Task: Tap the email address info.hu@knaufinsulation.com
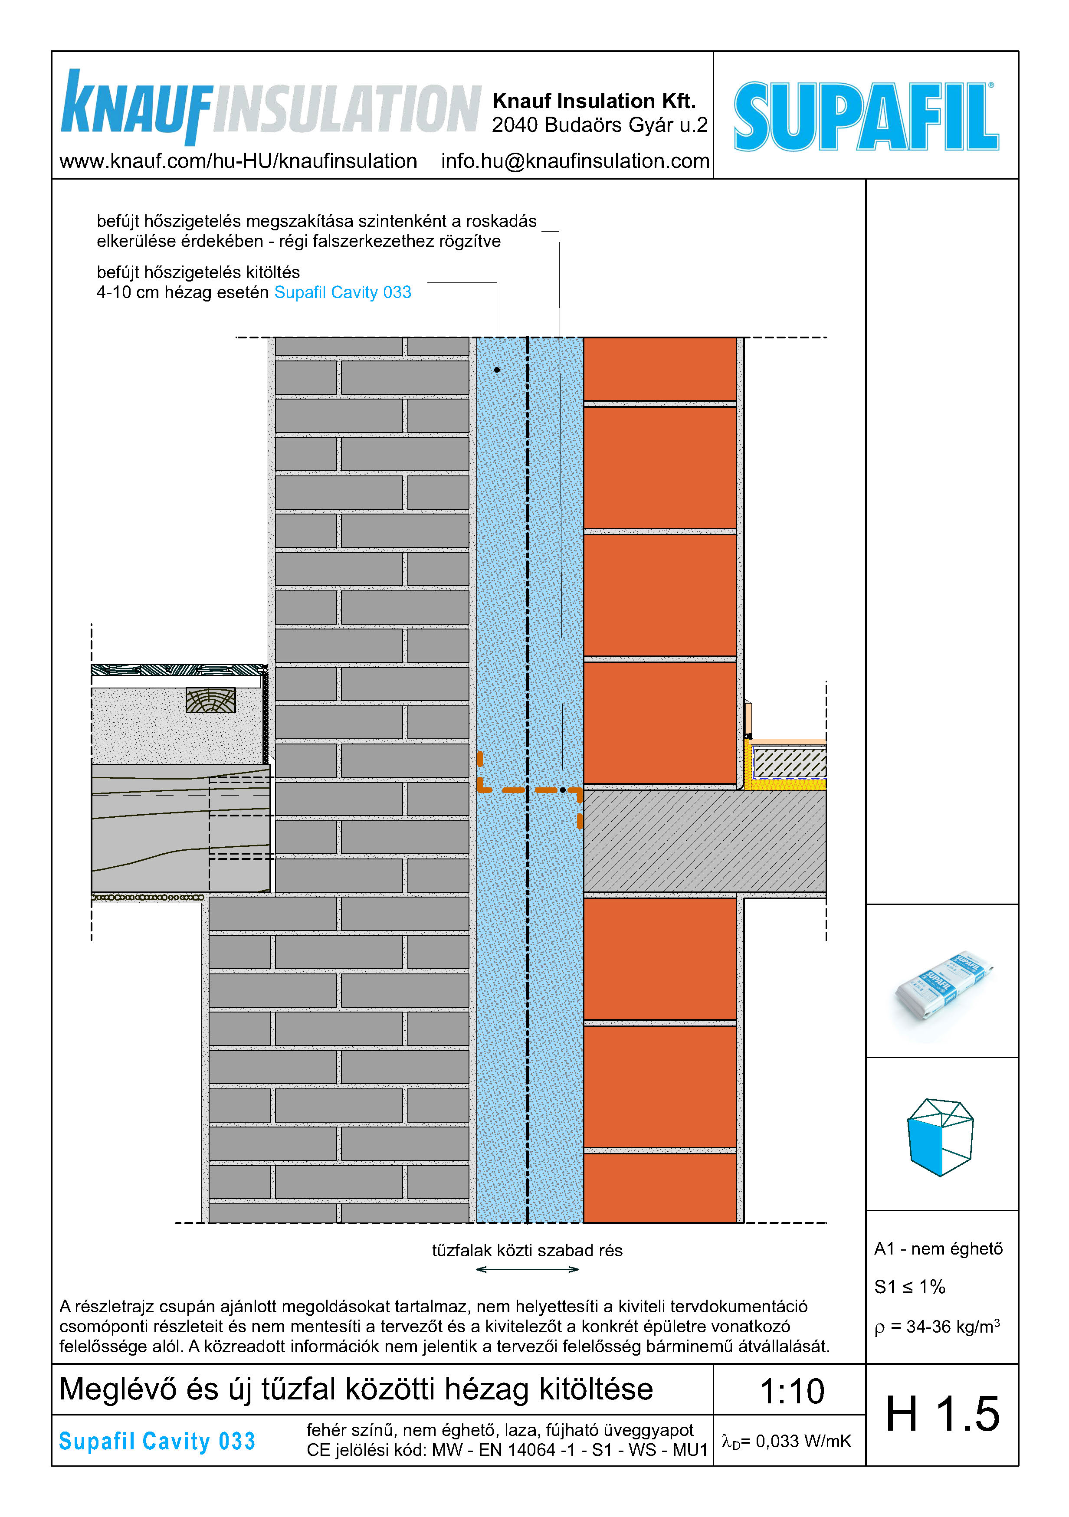(575, 161)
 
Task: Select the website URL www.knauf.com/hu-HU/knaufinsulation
(238, 161)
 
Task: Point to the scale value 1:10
(791, 1392)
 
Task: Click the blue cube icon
(940, 1137)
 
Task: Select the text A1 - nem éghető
(938, 1249)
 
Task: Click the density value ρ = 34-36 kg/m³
(937, 1327)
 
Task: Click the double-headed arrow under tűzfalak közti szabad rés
(527, 1269)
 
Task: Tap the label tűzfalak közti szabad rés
(527, 1250)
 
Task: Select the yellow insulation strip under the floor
(786, 784)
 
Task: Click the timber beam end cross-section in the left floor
(211, 700)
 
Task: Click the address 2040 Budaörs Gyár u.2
(599, 125)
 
